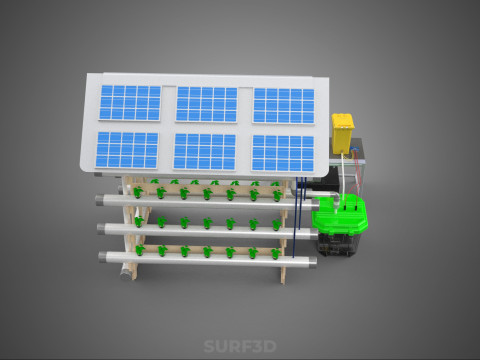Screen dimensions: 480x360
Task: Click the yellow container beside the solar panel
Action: [342, 133]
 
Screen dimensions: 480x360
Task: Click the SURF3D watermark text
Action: [240, 346]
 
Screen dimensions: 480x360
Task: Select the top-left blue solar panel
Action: [130, 103]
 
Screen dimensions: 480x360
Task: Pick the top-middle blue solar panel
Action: [206, 104]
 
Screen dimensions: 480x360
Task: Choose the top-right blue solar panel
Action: [284, 106]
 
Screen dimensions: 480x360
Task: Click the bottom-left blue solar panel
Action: [127, 150]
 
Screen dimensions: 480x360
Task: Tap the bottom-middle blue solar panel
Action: [204, 152]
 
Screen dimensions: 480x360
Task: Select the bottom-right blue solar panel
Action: [283, 153]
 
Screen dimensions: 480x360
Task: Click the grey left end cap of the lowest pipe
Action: [102, 256]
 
